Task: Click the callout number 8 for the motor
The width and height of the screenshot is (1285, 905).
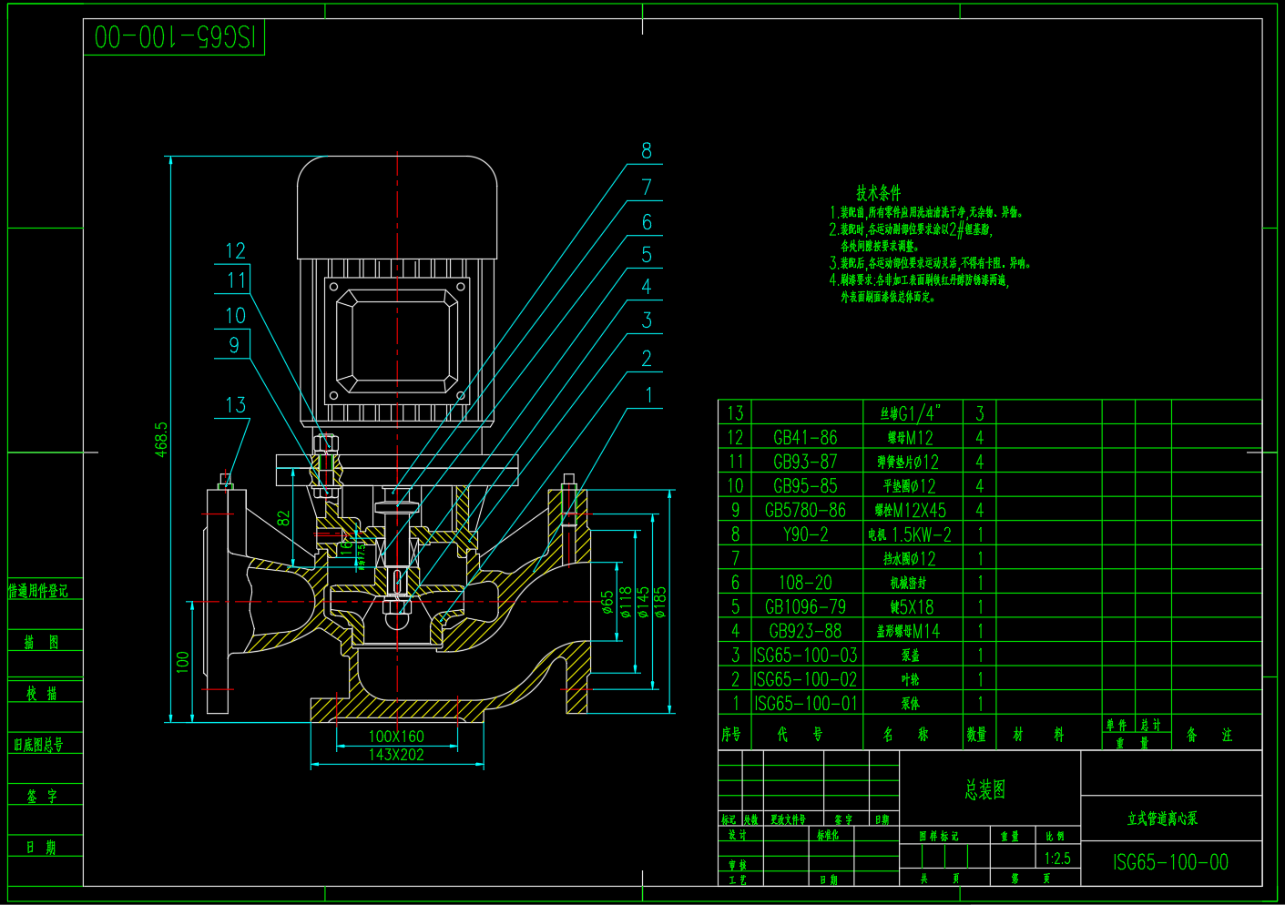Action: pyautogui.click(x=647, y=151)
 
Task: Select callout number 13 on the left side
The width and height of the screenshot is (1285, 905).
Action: pyautogui.click(x=235, y=405)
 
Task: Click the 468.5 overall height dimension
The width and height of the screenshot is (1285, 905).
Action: pyautogui.click(x=161, y=439)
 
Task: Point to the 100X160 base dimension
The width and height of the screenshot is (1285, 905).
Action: pyautogui.click(x=396, y=736)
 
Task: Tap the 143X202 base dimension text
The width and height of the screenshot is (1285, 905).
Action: pyautogui.click(x=396, y=755)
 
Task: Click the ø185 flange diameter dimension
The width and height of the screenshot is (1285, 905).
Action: pyautogui.click(x=660, y=602)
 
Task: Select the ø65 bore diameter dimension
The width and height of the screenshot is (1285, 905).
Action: pyautogui.click(x=607, y=603)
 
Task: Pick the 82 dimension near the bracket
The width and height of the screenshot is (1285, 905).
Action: pyautogui.click(x=283, y=518)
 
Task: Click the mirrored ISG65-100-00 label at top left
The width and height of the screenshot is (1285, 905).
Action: pyautogui.click(x=174, y=37)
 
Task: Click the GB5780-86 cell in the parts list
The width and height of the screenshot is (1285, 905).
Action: pyautogui.click(x=805, y=511)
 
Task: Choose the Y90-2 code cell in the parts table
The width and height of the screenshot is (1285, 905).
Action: pyautogui.click(x=805, y=534)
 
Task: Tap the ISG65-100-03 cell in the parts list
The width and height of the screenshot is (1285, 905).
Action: pyautogui.click(x=805, y=656)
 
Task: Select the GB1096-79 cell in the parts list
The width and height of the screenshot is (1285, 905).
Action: pyautogui.click(x=805, y=607)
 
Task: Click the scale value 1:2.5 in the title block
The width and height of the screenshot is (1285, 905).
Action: pyautogui.click(x=1057, y=859)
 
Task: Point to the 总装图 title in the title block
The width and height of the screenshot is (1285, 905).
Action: pyautogui.click(x=985, y=789)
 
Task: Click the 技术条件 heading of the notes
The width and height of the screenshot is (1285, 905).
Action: pyautogui.click(x=878, y=193)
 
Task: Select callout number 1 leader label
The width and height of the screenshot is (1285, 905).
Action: pyautogui.click(x=648, y=396)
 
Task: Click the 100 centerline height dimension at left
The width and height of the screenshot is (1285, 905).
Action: pyautogui.click(x=182, y=662)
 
